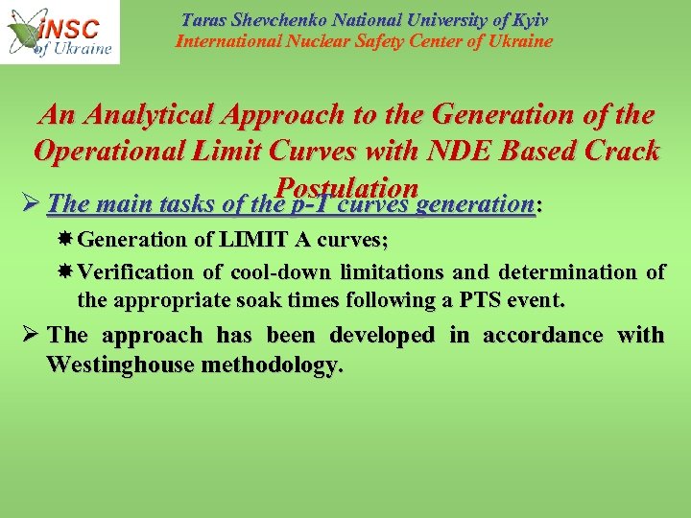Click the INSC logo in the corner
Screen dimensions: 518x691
pyautogui.click(x=60, y=32)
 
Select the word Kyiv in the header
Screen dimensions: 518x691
pyautogui.click(x=529, y=20)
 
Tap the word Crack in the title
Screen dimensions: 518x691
pyautogui.click(x=616, y=152)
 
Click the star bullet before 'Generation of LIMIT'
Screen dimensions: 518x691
pyautogui.click(x=66, y=240)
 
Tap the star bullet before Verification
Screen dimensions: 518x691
pyautogui.click(x=66, y=272)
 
